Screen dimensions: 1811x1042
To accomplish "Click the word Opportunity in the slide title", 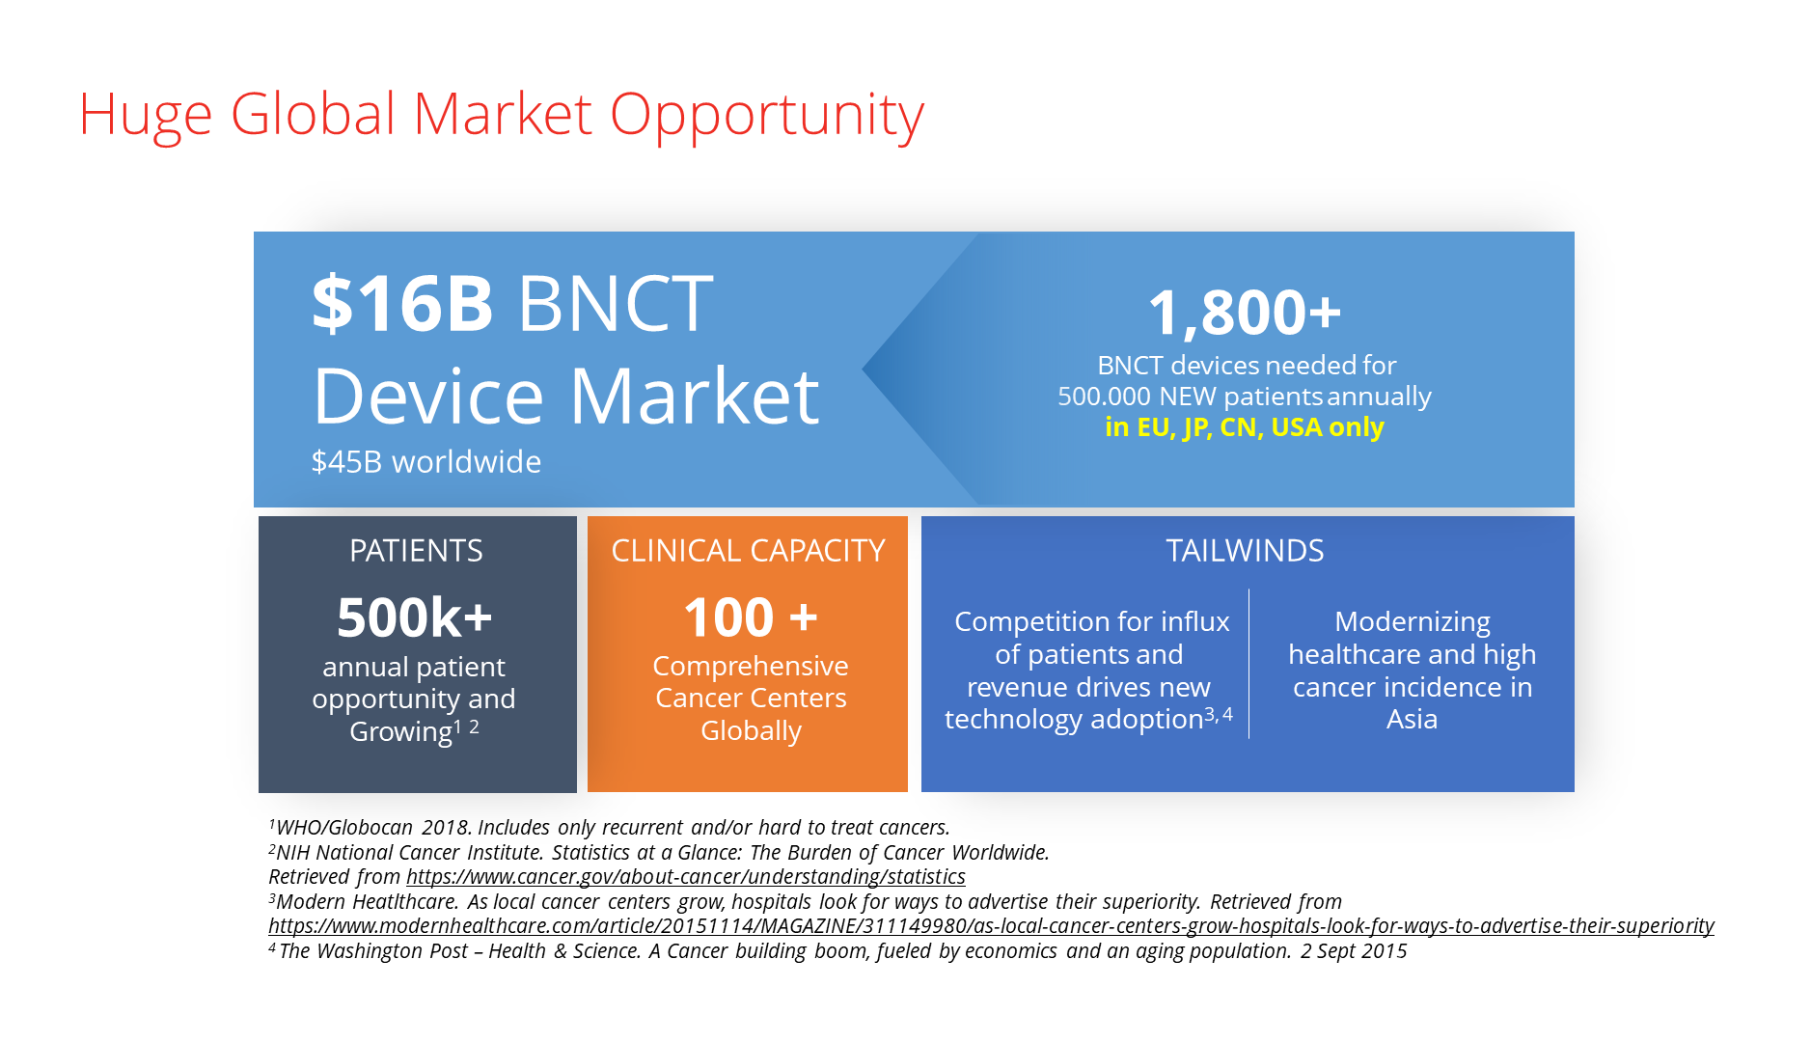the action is [767, 116].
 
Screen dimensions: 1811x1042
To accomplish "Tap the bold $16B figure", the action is [403, 303].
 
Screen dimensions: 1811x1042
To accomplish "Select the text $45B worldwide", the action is [425, 462].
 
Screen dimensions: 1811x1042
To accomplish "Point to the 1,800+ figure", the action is [1245, 313].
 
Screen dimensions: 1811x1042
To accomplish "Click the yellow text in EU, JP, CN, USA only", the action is [1245, 427].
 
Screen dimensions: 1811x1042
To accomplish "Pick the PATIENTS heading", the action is [416, 551].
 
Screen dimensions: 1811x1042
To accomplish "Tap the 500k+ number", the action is [415, 617].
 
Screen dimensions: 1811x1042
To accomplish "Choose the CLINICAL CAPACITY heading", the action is [748, 551].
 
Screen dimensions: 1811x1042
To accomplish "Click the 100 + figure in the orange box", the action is [751, 617].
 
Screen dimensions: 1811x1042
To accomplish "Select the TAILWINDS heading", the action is [1245, 551].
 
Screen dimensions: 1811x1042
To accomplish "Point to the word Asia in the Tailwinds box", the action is [1412, 720].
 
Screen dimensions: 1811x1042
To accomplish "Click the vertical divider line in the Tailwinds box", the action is [1248, 664].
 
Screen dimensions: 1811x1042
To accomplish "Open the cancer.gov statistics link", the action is [686, 877].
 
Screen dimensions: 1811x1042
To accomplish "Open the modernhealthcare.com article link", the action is [991, 926].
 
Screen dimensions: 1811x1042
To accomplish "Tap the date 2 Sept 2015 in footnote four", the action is [1354, 951].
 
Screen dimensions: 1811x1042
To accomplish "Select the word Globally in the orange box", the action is [751, 731].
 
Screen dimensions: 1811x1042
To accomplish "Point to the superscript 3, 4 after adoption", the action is [1219, 715].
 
